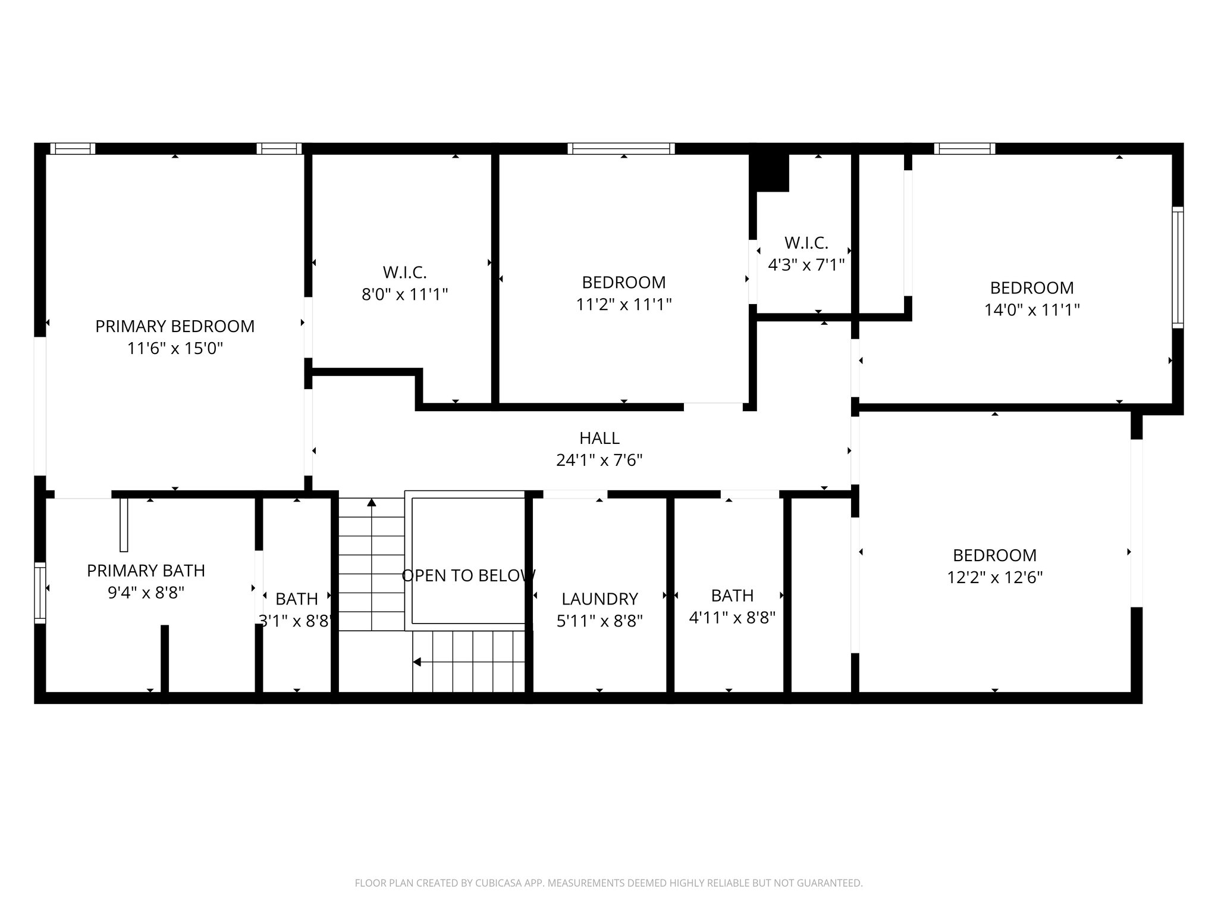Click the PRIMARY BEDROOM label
click(x=175, y=326)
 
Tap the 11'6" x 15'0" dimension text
click(x=175, y=348)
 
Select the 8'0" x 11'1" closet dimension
click(x=404, y=294)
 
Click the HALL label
click(x=599, y=438)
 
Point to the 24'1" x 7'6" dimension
click(x=599, y=460)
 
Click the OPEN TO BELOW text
click(x=469, y=575)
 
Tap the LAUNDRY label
click(x=599, y=599)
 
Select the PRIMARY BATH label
click(x=146, y=571)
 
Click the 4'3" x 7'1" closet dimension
click(x=806, y=265)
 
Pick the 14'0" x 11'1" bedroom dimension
click(x=1032, y=309)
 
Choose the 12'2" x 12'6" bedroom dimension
click(x=994, y=577)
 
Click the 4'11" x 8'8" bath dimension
click(x=732, y=618)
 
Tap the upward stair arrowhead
click(x=372, y=502)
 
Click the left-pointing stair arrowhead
click(x=417, y=662)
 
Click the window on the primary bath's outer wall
click(x=40, y=593)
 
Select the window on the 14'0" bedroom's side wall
click(x=1178, y=267)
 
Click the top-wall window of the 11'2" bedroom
click(x=621, y=148)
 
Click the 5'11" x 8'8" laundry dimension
click(x=599, y=621)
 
